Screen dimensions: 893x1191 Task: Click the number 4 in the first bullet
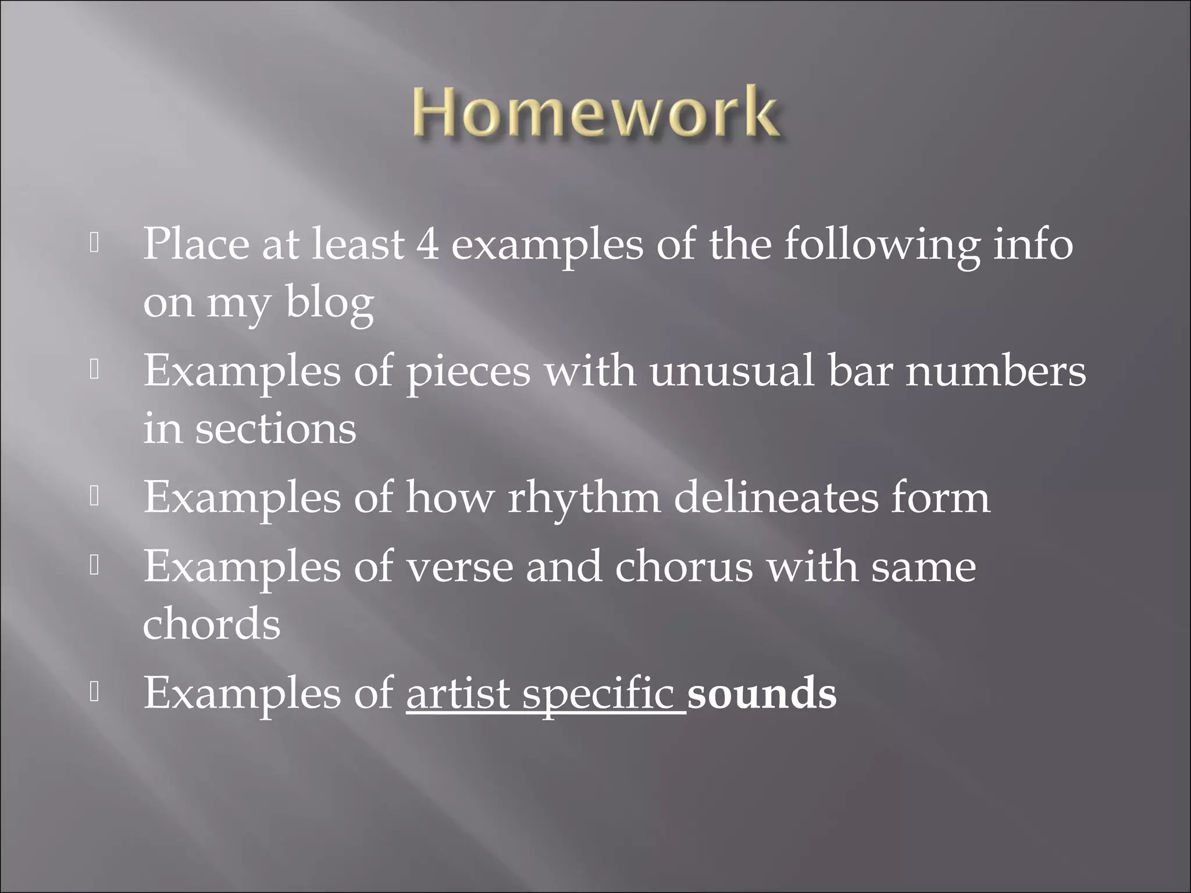(427, 245)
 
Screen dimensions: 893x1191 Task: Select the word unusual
(732, 371)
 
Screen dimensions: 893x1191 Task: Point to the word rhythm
(584, 498)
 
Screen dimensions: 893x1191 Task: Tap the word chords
(212, 624)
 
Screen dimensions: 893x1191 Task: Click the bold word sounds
(762, 693)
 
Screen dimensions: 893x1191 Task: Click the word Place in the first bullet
(196, 245)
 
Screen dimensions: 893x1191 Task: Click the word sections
(276, 429)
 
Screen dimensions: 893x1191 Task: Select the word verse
(459, 567)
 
